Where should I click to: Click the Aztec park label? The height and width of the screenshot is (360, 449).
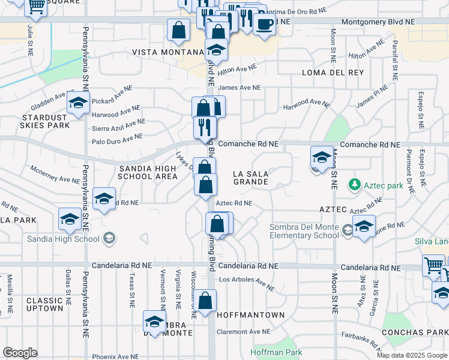click(383, 185)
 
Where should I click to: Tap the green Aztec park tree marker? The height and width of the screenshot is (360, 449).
click(355, 184)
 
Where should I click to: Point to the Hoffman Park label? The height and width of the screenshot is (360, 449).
click(277, 352)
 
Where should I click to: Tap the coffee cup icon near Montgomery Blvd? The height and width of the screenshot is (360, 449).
click(264, 24)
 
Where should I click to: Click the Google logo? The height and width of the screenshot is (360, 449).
click(20, 352)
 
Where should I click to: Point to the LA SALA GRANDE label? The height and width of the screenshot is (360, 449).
click(250, 177)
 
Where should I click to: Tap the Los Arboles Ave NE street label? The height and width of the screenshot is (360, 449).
click(247, 280)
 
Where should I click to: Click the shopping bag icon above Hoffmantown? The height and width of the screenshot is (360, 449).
click(205, 301)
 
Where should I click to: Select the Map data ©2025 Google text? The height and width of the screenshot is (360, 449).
click(412, 355)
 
